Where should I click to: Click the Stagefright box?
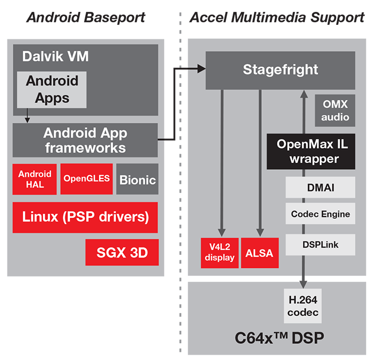click(280, 70)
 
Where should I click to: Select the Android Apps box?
click(52, 89)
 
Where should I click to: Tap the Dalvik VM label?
click(55, 56)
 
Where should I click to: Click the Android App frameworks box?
click(85, 140)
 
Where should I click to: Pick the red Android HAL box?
click(35, 179)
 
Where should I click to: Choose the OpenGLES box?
click(86, 179)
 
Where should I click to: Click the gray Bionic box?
click(137, 179)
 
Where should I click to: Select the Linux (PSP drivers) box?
click(85, 217)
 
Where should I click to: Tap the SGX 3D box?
click(122, 252)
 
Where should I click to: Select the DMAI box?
click(320, 188)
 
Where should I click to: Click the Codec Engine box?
click(320, 214)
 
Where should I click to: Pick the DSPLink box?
click(320, 244)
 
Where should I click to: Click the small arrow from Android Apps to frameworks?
click(27, 119)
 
